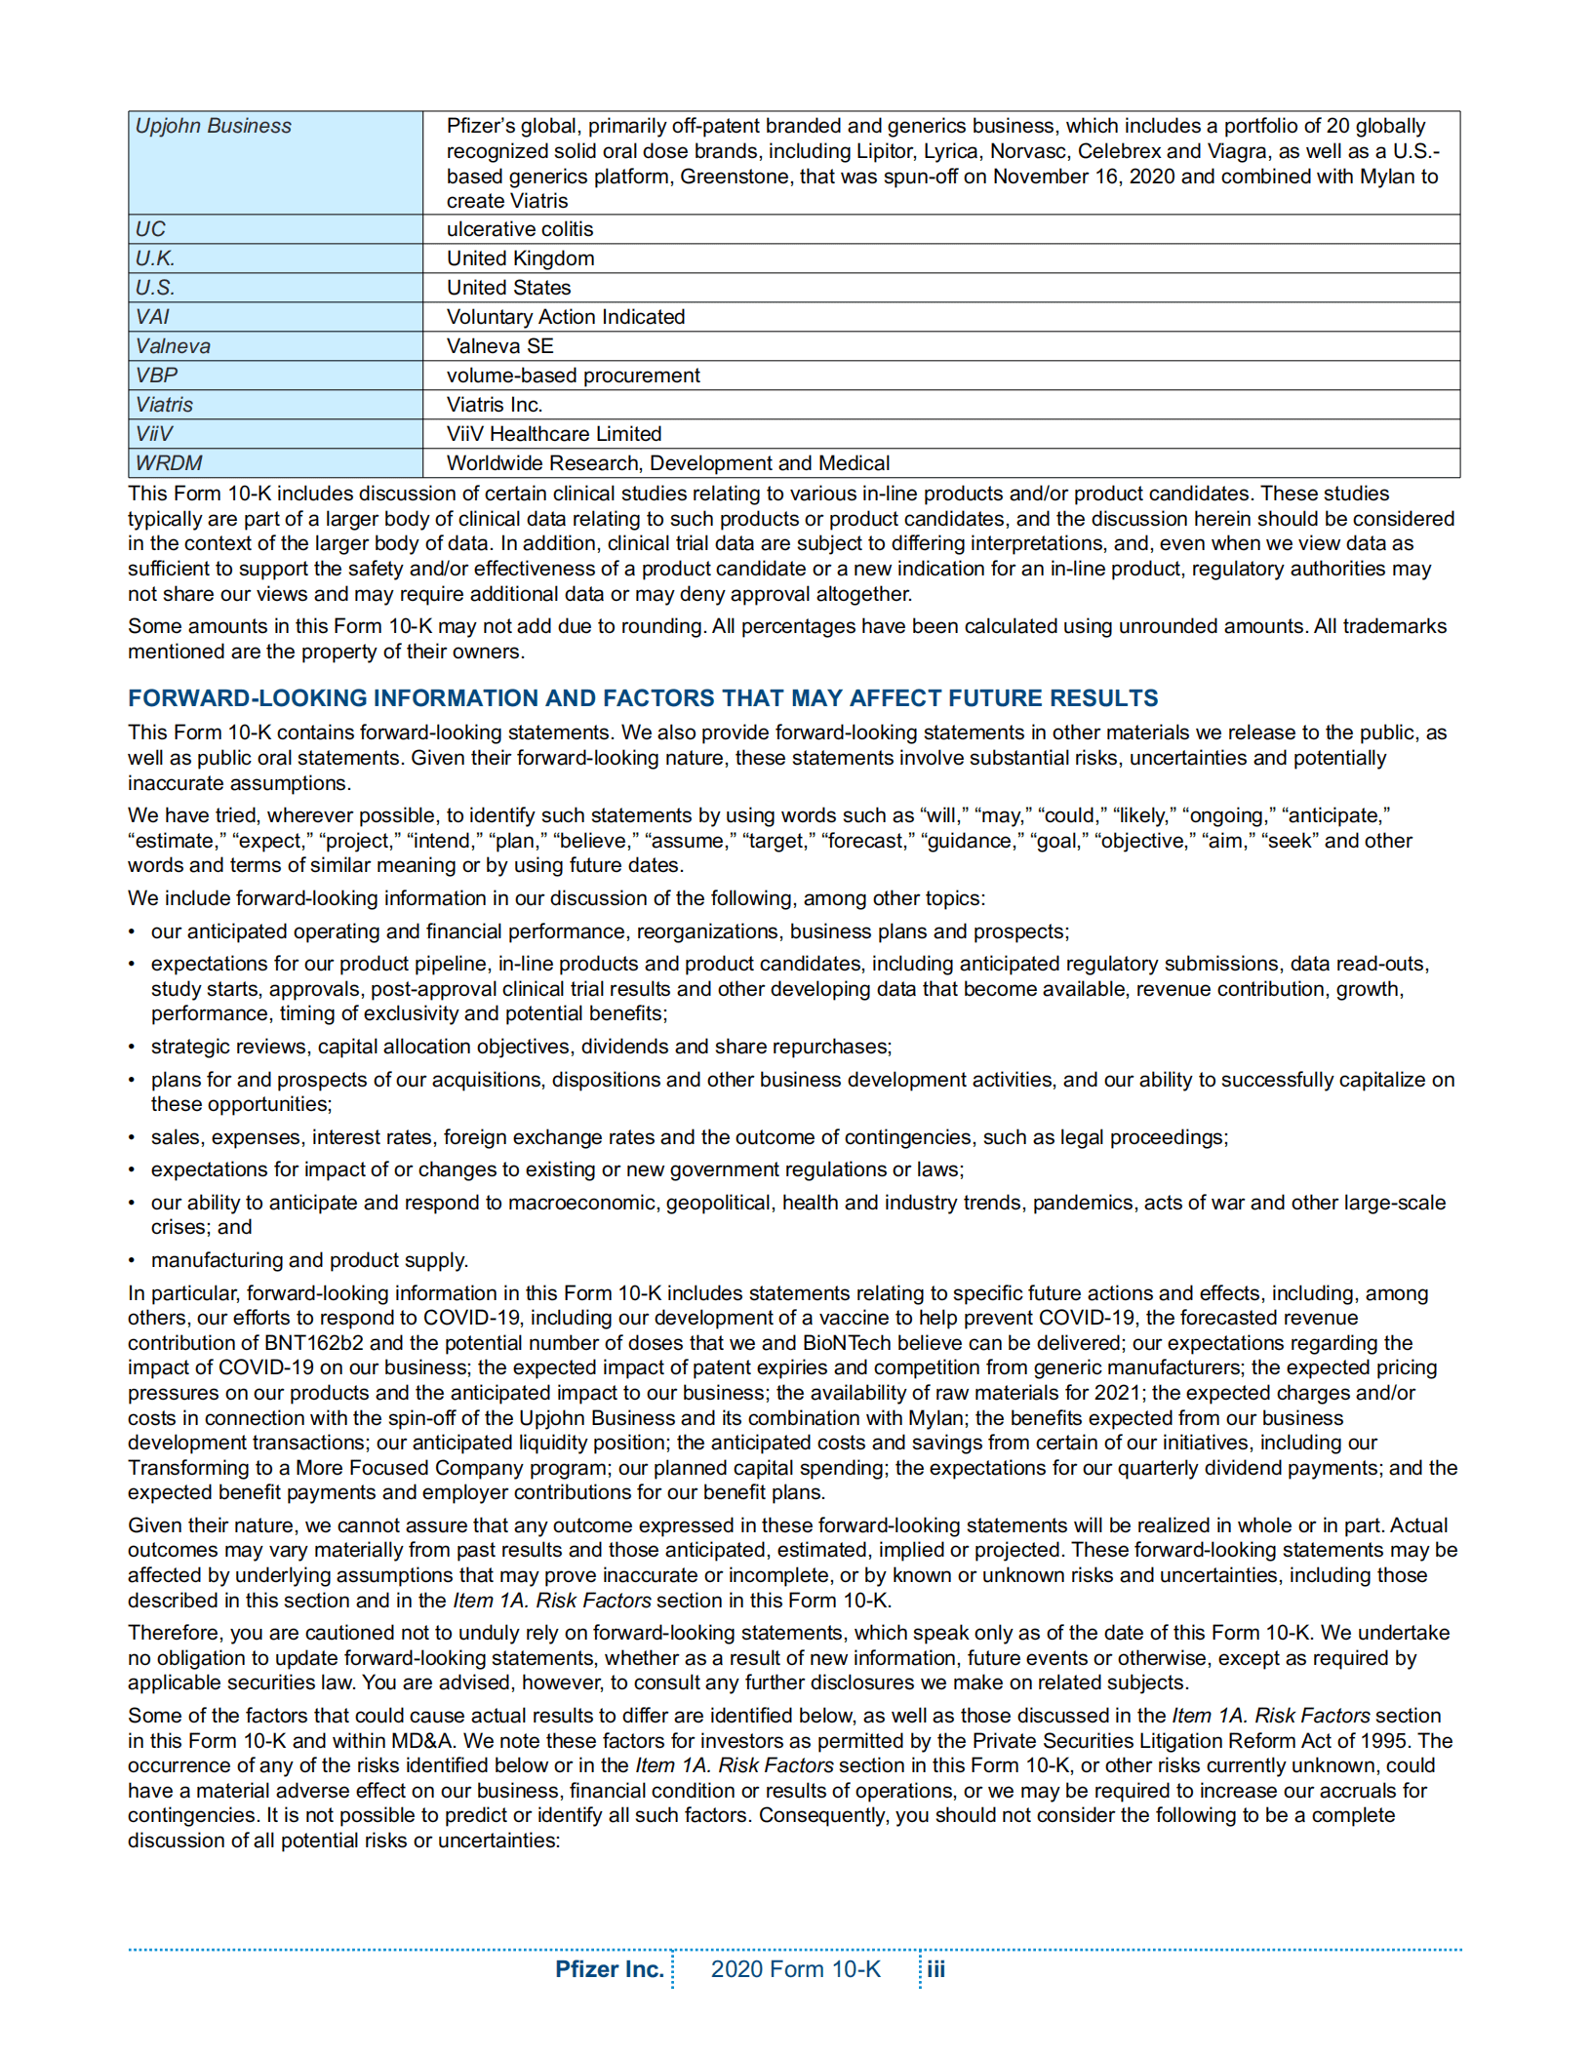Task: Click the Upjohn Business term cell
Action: [213, 127]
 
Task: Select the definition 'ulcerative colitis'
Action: [519, 229]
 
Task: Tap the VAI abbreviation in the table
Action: [152, 317]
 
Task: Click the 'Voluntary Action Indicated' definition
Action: [565, 317]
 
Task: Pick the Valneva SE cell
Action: [499, 346]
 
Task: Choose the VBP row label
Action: [156, 376]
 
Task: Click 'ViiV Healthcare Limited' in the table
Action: [553, 434]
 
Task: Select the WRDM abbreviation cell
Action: [169, 463]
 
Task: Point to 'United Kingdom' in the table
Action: [520, 258]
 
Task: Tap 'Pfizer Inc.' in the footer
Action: [609, 1968]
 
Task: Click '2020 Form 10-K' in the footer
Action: [795, 1968]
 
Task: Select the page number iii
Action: [935, 1968]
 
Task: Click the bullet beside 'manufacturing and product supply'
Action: [132, 1260]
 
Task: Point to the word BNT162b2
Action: [313, 1343]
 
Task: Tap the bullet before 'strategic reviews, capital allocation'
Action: [132, 1047]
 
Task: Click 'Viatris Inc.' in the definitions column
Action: [494, 405]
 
